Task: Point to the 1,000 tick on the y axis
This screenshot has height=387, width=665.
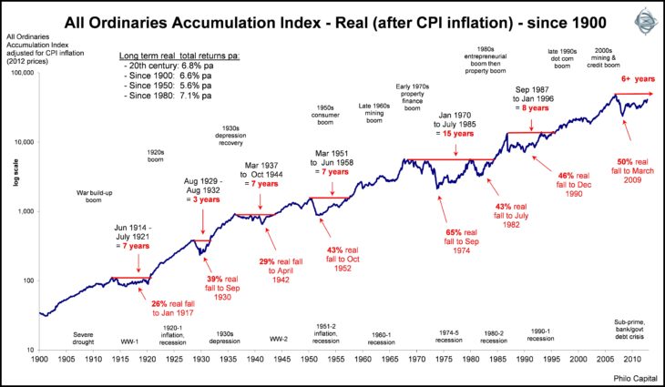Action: (x=25, y=211)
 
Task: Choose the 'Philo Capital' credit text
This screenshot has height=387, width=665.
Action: (x=624, y=378)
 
